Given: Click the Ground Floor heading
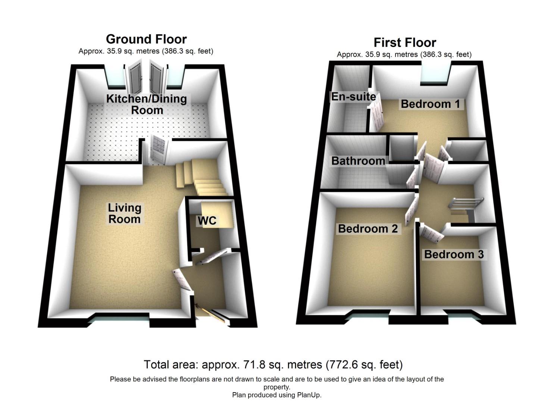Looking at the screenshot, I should [x=146, y=39].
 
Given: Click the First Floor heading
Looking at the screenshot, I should [x=405, y=43].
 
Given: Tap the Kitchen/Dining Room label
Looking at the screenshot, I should [x=147, y=104].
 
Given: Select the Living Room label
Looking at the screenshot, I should [x=125, y=213].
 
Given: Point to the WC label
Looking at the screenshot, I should [x=207, y=221].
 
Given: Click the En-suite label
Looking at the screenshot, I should [x=354, y=97].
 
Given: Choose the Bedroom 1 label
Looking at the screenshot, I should [x=431, y=104].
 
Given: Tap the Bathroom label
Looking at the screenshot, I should [x=358, y=161].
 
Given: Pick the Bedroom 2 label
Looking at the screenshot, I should [x=368, y=229].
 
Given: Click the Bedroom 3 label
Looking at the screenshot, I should [x=454, y=254].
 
